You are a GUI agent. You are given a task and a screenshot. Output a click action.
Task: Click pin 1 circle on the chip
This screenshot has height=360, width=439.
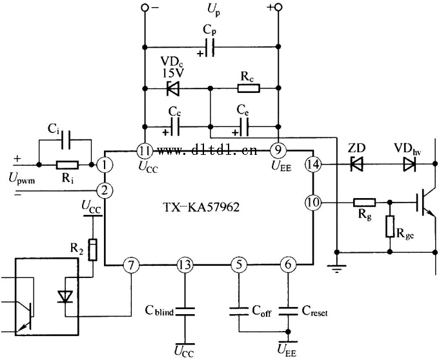(x=104, y=165)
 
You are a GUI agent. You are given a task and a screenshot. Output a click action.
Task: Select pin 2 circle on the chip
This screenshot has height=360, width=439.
(x=104, y=190)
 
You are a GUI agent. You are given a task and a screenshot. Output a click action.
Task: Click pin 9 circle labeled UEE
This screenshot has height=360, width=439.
(x=278, y=151)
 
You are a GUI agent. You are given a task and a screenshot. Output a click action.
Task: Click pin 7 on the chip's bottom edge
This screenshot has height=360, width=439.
(x=131, y=265)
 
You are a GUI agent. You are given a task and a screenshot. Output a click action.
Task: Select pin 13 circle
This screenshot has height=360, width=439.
(x=185, y=265)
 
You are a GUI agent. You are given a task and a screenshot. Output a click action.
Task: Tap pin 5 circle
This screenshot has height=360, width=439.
(x=239, y=265)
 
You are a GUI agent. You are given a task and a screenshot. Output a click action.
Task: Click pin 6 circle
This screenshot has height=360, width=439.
(x=287, y=265)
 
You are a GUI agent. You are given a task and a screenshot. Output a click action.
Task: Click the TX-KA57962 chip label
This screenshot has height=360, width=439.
(x=209, y=209)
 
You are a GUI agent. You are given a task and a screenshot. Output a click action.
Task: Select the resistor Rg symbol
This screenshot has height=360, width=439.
(x=366, y=203)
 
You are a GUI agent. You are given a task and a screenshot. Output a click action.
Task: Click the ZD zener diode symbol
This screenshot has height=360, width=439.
(x=356, y=165)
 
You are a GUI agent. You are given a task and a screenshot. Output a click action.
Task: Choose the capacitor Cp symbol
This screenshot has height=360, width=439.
(x=210, y=48)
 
